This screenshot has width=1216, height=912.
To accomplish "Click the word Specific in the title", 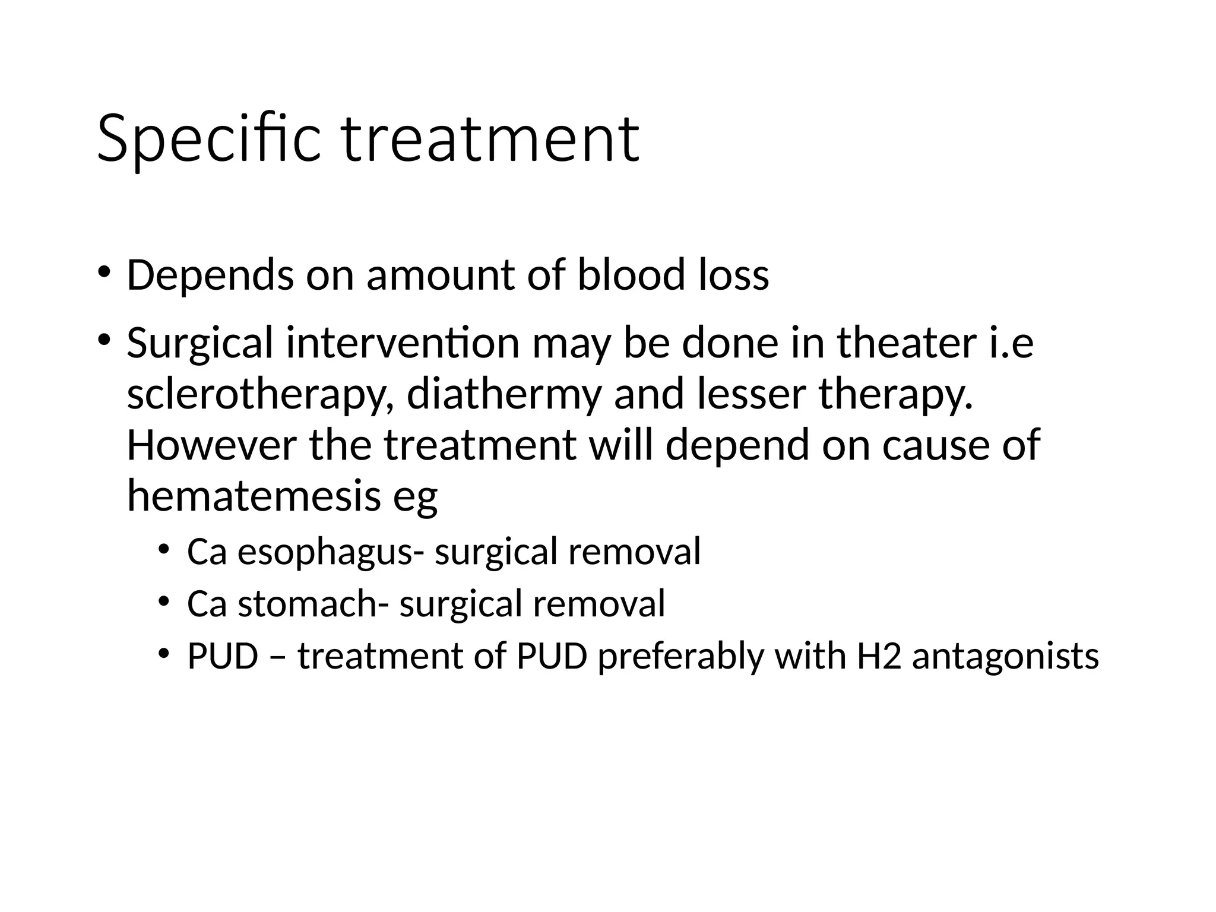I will tap(208, 139).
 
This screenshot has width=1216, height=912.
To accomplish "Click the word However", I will tap(211, 445).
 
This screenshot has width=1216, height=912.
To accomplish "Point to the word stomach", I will tap(307, 604).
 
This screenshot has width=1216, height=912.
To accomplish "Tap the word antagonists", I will tap(1005, 657).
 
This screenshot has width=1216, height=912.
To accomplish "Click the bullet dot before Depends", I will tap(103, 272).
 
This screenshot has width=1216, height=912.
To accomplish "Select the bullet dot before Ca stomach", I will tap(164, 601).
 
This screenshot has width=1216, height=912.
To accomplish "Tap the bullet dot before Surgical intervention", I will tap(103, 340).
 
